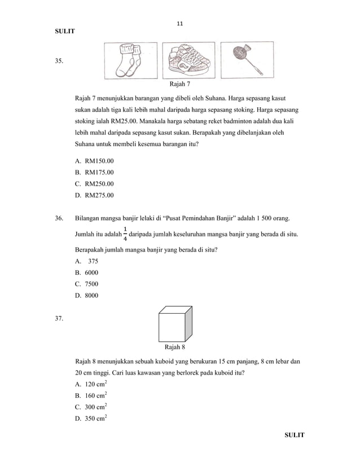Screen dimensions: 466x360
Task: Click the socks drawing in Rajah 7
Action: (x=130, y=61)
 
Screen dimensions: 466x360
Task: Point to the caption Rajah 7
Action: (x=180, y=85)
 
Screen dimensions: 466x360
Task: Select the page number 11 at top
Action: (x=180, y=24)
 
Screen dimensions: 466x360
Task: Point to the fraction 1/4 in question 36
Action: (x=125, y=234)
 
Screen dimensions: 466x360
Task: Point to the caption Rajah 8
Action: (x=175, y=347)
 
